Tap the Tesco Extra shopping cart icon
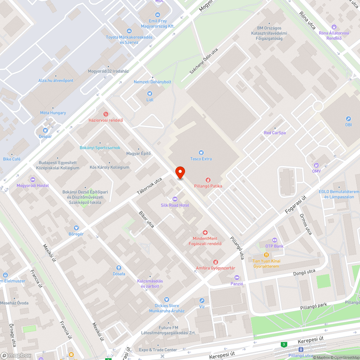point(201,152)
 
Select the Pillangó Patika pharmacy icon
point(208,180)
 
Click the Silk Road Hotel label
point(175,205)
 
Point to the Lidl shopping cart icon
point(150,94)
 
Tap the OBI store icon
point(348,118)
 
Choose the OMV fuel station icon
point(316,165)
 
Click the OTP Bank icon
point(275,240)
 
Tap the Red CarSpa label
point(275,133)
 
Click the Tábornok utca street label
point(149,183)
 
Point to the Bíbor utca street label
point(147,219)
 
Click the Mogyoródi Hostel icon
point(33,179)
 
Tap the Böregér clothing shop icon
point(76,228)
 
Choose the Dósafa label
point(119,274)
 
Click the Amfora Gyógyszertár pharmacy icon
point(215,262)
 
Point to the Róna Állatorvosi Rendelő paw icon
point(334,27)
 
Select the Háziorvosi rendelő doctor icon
point(106,114)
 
